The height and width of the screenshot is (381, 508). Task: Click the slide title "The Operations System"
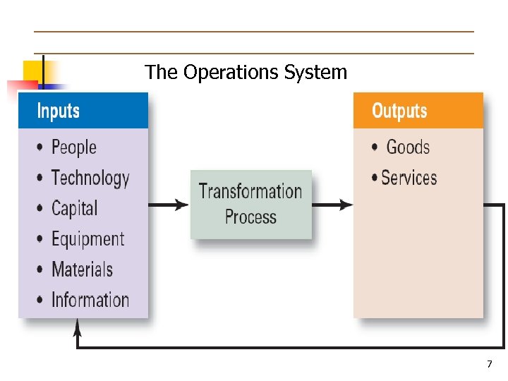click(246, 72)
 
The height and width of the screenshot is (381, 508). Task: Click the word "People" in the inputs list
click(74, 147)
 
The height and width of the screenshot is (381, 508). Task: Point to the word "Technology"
click(90, 179)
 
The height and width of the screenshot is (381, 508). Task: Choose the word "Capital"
click(75, 209)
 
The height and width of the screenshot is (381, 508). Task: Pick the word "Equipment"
click(87, 239)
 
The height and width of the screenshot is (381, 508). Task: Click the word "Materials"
click(82, 270)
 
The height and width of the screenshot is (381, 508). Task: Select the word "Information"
click(90, 300)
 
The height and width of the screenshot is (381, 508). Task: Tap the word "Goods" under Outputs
click(408, 147)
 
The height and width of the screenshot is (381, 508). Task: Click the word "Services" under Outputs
click(409, 178)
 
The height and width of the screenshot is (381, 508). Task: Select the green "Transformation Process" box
click(250, 204)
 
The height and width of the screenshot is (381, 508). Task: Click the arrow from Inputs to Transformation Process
click(169, 205)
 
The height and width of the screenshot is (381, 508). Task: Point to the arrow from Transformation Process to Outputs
click(332, 205)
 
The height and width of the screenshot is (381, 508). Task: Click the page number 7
click(489, 364)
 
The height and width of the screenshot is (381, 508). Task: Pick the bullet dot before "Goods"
click(375, 147)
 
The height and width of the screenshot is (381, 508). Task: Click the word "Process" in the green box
click(250, 217)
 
